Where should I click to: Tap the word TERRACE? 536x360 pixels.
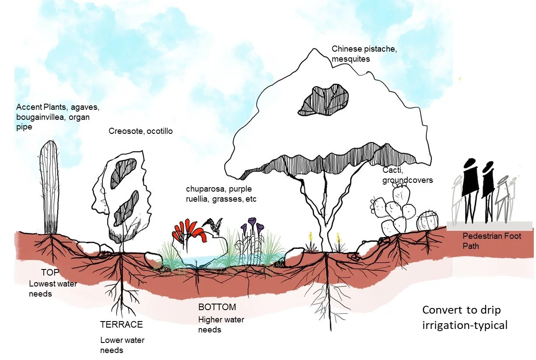pyautogui.click(x=121, y=325)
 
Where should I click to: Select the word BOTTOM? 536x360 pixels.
pyautogui.click(x=217, y=307)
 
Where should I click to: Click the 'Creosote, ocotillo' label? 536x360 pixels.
pyautogui.click(x=140, y=131)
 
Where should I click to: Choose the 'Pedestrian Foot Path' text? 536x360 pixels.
pyautogui.click(x=492, y=241)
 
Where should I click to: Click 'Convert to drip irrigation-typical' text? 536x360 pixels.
pyautogui.click(x=464, y=318)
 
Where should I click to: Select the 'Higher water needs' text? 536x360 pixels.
pyautogui.click(x=221, y=325)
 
